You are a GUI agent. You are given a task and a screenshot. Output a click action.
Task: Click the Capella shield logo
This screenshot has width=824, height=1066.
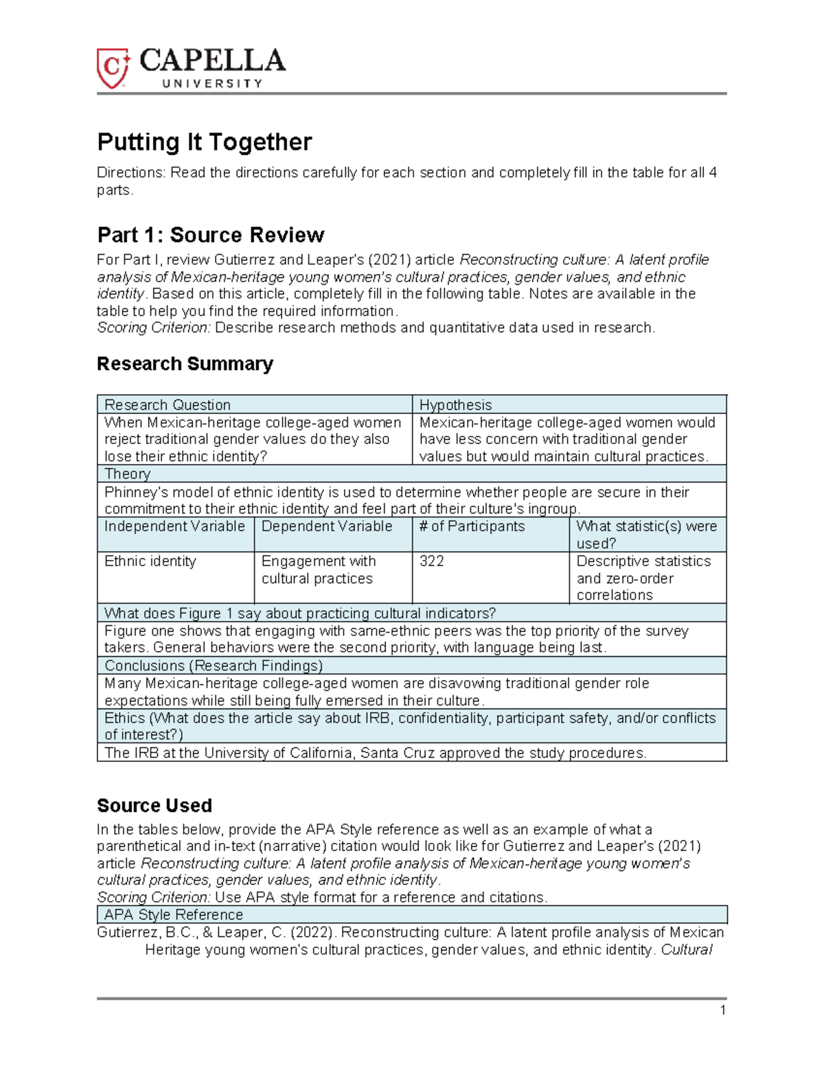[x=113, y=68]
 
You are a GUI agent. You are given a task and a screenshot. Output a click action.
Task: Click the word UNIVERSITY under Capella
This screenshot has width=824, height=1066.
[x=212, y=84]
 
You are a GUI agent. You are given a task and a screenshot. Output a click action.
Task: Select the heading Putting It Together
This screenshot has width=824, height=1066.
[x=205, y=142]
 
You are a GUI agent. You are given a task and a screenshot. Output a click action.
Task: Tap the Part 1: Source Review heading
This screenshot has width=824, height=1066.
[x=210, y=235]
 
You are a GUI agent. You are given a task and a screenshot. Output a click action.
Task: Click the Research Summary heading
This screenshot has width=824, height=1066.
[x=185, y=363]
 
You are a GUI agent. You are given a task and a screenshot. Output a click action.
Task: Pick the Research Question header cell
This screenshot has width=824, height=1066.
[x=168, y=405]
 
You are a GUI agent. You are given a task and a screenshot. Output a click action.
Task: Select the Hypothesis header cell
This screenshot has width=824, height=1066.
[x=455, y=405]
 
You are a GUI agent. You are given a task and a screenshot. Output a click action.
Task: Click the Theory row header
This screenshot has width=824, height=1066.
[x=127, y=474]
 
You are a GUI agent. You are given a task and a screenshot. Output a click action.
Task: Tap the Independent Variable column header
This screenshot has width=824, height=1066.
[x=174, y=526]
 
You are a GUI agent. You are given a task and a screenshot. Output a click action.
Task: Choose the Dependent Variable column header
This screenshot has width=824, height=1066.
[x=327, y=526]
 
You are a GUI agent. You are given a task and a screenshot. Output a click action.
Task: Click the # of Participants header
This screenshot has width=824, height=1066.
[x=472, y=526]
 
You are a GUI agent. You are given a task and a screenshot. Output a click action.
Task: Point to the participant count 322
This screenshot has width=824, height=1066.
[x=431, y=561]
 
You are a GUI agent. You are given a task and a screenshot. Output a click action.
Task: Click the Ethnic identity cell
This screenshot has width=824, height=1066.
[x=150, y=561]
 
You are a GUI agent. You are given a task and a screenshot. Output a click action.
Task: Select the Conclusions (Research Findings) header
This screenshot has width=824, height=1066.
[x=214, y=666]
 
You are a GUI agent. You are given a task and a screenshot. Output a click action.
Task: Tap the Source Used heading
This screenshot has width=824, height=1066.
[x=154, y=805]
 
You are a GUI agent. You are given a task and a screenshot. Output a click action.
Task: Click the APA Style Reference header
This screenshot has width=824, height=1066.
[x=174, y=915]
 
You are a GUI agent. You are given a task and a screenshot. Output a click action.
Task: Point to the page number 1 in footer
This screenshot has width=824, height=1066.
[x=722, y=1010]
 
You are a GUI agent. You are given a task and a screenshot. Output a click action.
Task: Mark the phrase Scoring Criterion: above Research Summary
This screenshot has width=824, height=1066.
[x=154, y=328]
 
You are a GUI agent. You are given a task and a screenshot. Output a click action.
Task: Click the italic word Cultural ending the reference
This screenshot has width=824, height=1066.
[x=686, y=950]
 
